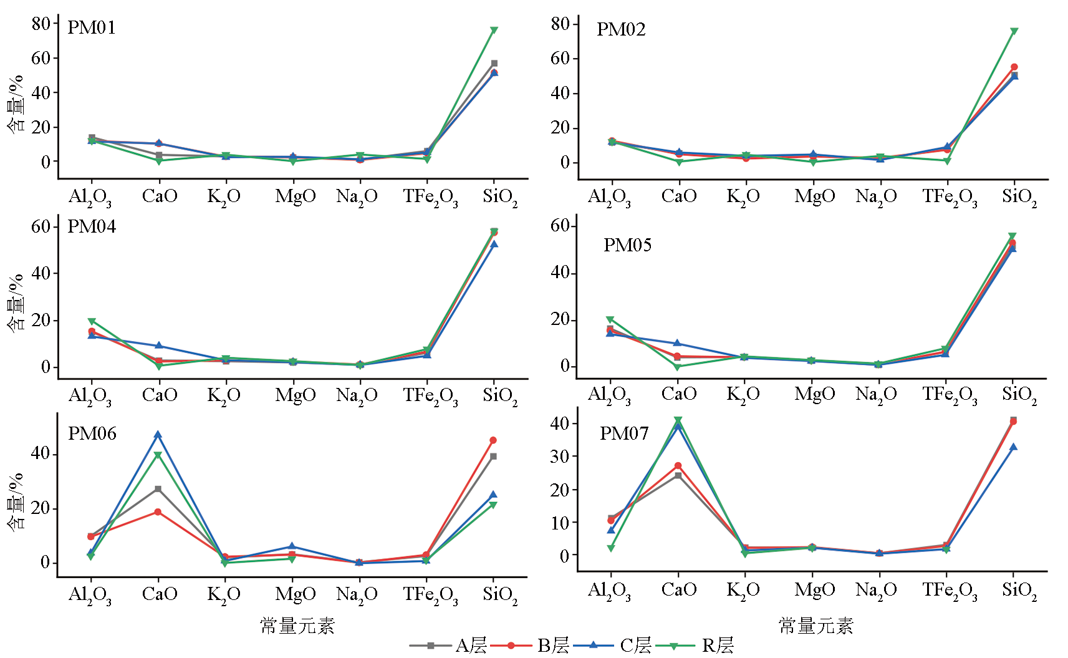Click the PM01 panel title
coord(91,28)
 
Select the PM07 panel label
coord(624,433)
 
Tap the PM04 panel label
coord(91,226)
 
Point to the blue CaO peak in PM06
coord(158,435)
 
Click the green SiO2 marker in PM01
coord(494,31)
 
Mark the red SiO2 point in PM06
coord(493,440)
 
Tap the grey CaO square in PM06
coord(158,489)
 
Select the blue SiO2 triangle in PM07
coord(1013,447)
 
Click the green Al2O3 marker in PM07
coord(611,548)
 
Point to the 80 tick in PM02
coord(560,24)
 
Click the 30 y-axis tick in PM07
coord(560,457)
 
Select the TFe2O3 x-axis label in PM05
coord(950,395)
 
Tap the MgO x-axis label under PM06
coord(296,594)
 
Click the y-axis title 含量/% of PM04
coord(16,302)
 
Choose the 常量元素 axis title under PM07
coord(815,626)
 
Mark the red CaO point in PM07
coord(678,466)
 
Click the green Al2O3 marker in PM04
coord(92,322)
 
